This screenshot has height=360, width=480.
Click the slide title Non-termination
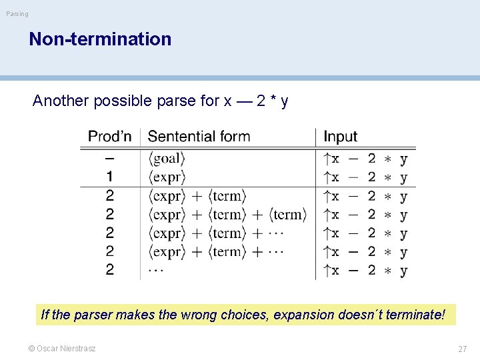pyautogui.click(x=100, y=39)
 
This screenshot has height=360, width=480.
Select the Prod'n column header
pyautogui.click(x=110, y=137)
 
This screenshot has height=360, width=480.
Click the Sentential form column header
pyautogui.click(x=199, y=137)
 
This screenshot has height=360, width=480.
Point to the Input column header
pyautogui.click(x=340, y=137)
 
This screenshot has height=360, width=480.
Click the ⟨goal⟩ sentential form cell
pyautogui.click(x=166, y=159)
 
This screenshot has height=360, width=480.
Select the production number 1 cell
pyautogui.click(x=109, y=177)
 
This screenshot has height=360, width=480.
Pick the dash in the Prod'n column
pyautogui.click(x=109, y=159)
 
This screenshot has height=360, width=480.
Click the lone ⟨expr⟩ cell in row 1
pyautogui.click(x=166, y=177)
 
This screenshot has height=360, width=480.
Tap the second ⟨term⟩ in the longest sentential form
pyautogui.click(x=288, y=215)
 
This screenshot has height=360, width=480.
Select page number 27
pyautogui.click(x=462, y=349)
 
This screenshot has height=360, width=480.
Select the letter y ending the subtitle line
pyautogui.click(x=284, y=101)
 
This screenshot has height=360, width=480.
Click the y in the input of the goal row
pyautogui.click(x=403, y=159)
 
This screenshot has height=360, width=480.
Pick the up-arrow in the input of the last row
pyautogui.click(x=326, y=271)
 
